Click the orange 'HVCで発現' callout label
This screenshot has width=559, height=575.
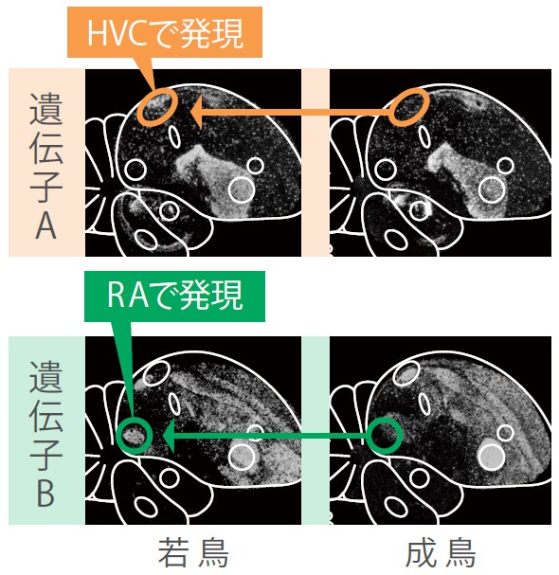point(165,32)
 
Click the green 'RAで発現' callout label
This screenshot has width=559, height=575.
point(174,296)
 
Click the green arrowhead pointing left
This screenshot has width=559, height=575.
point(169,436)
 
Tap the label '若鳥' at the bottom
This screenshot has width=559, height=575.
point(193,552)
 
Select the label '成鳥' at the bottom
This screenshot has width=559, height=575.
point(442,552)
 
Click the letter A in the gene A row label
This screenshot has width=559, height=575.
point(45,225)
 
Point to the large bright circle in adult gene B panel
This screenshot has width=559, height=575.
point(491,457)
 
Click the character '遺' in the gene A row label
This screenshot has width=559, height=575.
point(45,109)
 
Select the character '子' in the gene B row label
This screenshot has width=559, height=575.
point(45,454)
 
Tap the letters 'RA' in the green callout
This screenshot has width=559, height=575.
point(128,296)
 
